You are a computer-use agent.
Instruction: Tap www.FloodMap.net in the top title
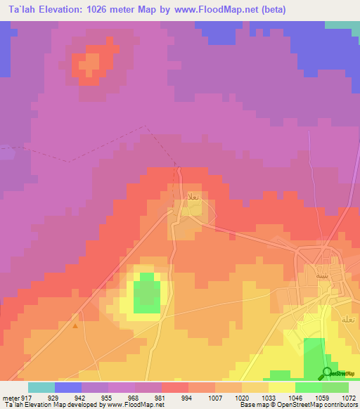click(218, 10)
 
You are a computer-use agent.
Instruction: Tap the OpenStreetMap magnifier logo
click(327, 372)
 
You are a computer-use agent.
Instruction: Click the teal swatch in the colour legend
click(41, 387)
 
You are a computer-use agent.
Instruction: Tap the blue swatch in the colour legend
click(68, 387)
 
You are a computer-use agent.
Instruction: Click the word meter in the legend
click(8, 397)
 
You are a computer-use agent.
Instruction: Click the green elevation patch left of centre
click(146, 293)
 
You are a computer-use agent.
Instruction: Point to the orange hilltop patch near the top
click(90, 65)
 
